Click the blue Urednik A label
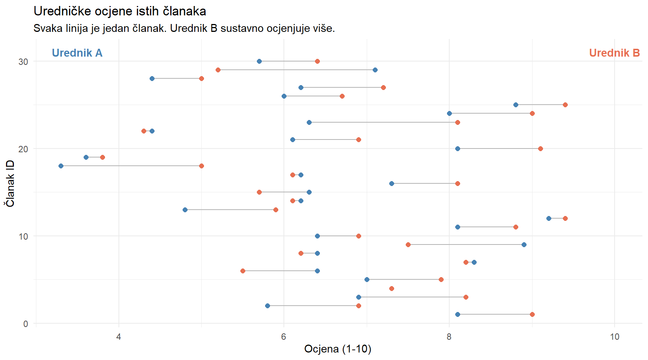pyautogui.click(x=77, y=53)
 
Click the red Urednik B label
pyautogui.click(x=614, y=53)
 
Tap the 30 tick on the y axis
pyautogui.click(x=23, y=61)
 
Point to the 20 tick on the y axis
pyautogui.click(x=23, y=149)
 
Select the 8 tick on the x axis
pyautogui.click(x=449, y=336)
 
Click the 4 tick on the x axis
pyautogui.click(x=119, y=336)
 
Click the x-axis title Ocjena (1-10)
pyautogui.click(x=337, y=349)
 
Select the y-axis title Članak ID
pyautogui.click(x=10, y=183)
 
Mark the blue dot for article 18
pyautogui.click(x=61, y=166)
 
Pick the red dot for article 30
pyautogui.click(x=317, y=61)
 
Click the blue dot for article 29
pyautogui.click(x=375, y=70)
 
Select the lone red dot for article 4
pyautogui.click(x=391, y=288)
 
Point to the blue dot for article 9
pyautogui.click(x=524, y=244)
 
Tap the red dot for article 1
pyautogui.click(x=532, y=314)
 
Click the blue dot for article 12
pyautogui.click(x=549, y=218)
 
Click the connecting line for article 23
pyautogui.click(x=382, y=122)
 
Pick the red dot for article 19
pyautogui.click(x=102, y=157)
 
